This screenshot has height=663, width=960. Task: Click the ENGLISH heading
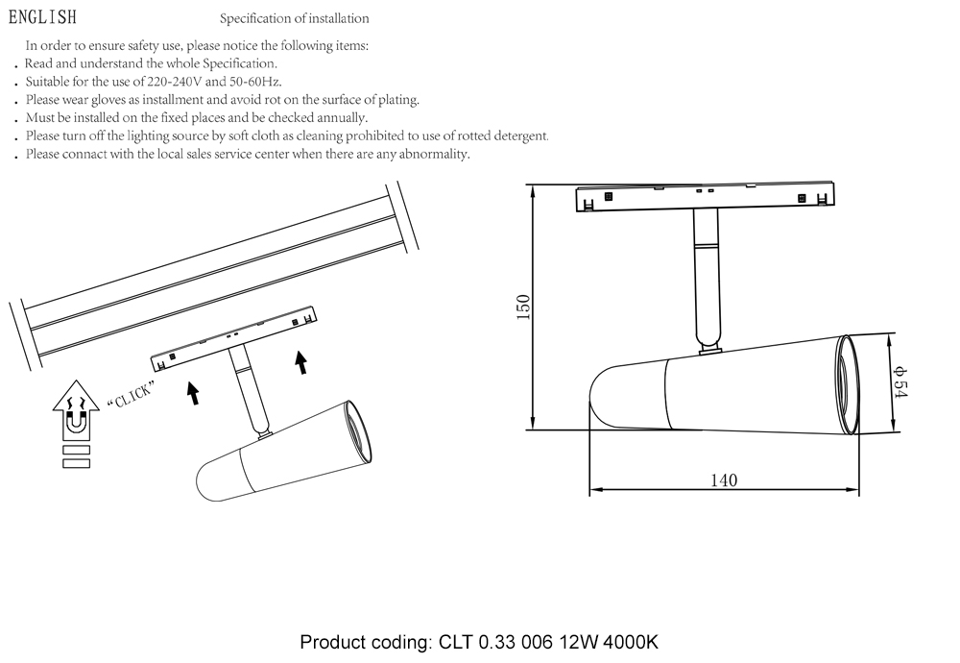coord(42,17)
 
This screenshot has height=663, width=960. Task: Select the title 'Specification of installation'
coord(294,18)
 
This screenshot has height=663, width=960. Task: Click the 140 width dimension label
coord(724,480)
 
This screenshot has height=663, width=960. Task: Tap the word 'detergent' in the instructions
coord(520,136)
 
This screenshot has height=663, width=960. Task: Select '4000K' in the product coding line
coord(631,642)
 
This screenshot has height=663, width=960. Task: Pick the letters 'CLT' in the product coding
coord(456,642)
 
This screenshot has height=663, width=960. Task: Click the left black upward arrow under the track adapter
coord(193,391)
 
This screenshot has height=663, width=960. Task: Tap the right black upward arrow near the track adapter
coord(301,361)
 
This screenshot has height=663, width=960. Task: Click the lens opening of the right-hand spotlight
coord(848,383)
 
